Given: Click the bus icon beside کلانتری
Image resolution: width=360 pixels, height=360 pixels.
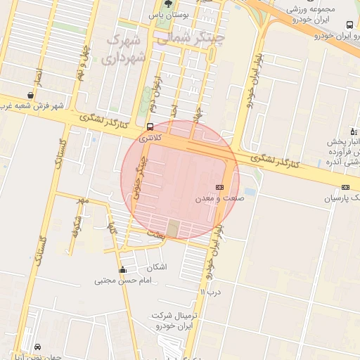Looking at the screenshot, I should tap(150, 127).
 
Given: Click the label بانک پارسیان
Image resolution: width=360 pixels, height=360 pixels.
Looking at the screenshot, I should tap(342, 198).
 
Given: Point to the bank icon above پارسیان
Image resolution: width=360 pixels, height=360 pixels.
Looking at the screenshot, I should tap(345, 187).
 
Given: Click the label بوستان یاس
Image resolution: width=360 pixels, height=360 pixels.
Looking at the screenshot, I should tap(165, 14).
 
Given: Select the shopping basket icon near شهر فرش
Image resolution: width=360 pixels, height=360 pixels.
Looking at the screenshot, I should tap(31, 94).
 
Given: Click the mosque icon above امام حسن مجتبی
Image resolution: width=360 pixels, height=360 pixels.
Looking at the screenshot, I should tap(123, 269).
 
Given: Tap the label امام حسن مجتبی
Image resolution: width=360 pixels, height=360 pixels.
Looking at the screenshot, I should tap(123, 281).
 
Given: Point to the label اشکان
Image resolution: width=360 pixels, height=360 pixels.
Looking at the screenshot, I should tap(156, 267).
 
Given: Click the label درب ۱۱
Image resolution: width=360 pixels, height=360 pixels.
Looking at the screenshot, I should tap(210, 291).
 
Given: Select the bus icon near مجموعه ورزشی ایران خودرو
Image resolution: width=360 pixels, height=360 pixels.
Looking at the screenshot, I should tap(350, 24).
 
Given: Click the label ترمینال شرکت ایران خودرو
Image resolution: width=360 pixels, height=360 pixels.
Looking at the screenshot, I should tap(180, 321).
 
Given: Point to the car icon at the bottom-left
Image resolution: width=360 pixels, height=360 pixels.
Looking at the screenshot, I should tap(37, 347).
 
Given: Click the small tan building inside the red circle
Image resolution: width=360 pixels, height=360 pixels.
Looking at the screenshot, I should tap(173, 228).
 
